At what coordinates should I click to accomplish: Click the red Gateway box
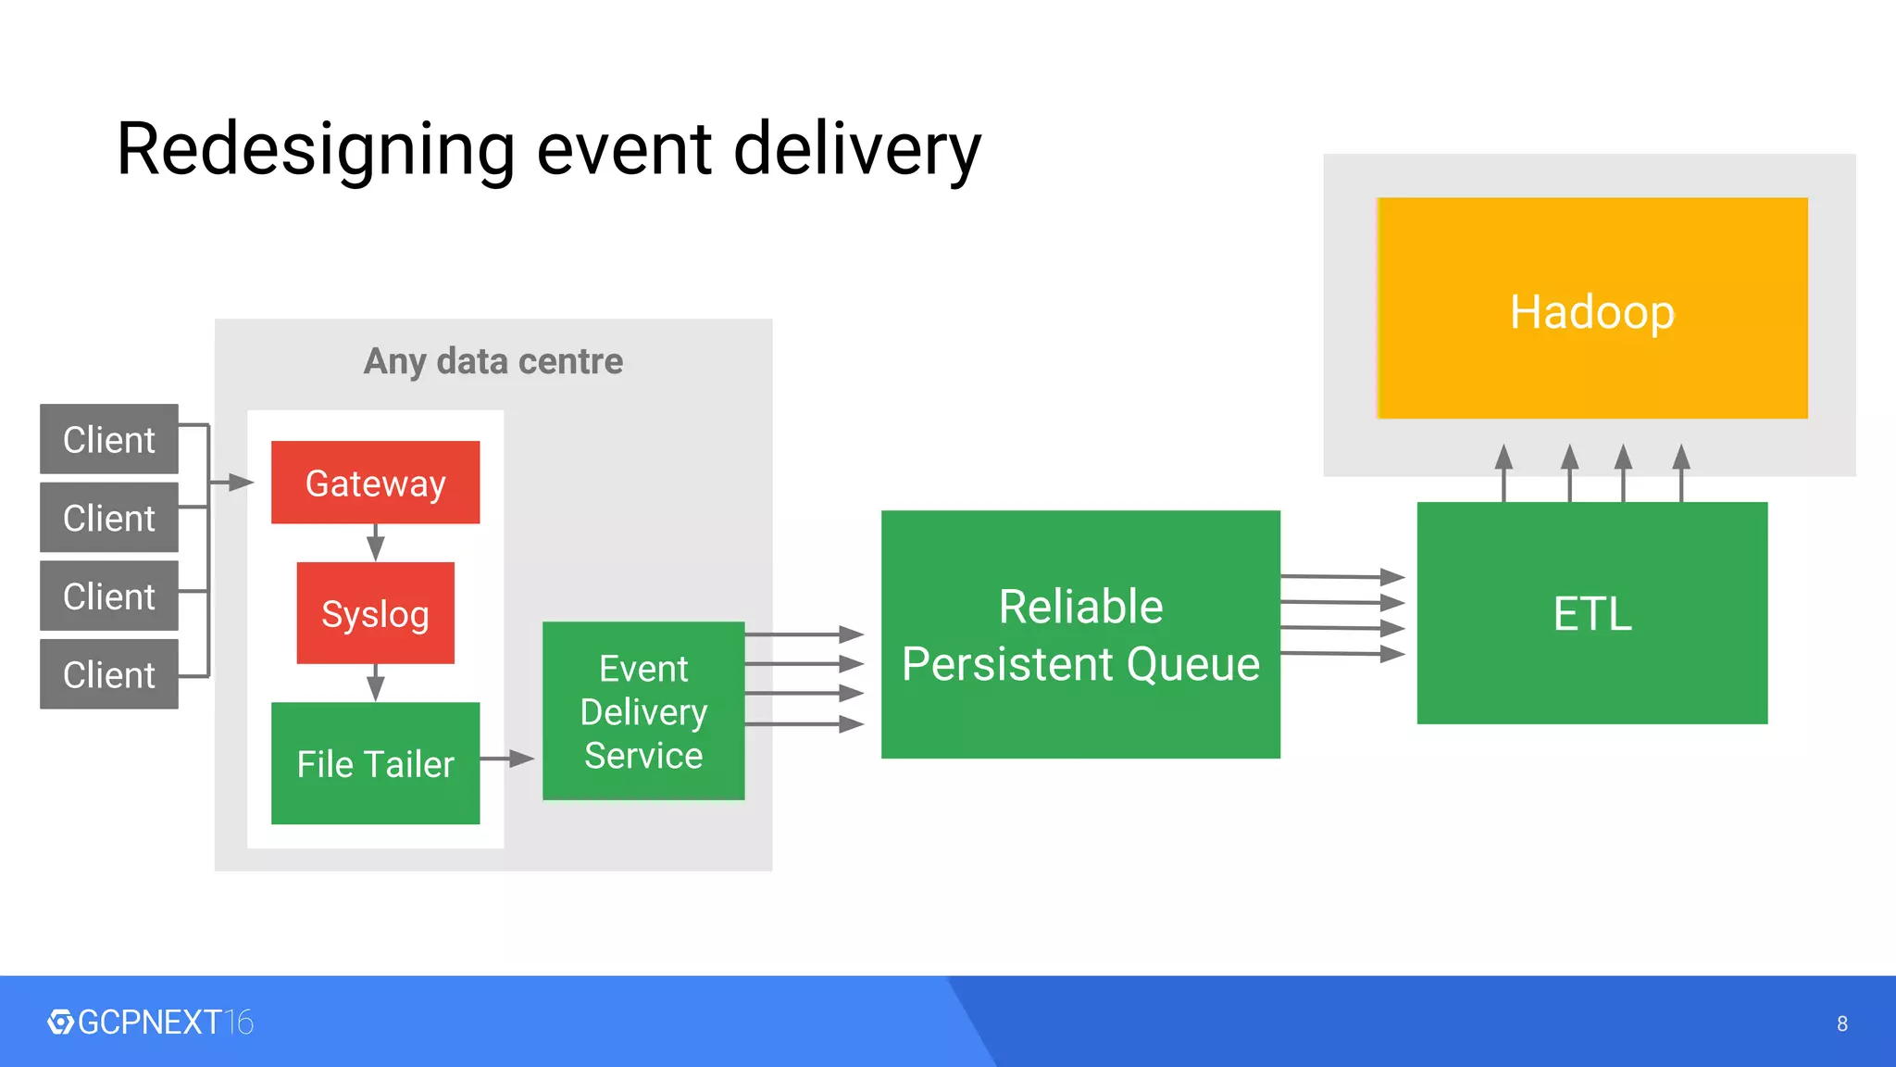coord(375,483)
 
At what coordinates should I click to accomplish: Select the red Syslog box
coord(375,613)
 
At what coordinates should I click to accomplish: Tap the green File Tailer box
coord(375,763)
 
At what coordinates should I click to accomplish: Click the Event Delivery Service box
coord(643,711)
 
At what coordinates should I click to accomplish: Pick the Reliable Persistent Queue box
coord(1080,634)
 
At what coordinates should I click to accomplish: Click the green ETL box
coord(1592,613)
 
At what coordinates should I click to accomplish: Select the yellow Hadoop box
coord(1592,308)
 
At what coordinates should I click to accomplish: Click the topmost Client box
coord(109,439)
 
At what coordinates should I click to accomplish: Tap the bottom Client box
coord(109,674)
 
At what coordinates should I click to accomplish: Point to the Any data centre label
coord(493,361)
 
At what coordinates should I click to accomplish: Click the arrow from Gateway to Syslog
coord(375,543)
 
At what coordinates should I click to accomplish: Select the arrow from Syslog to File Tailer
coord(375,684)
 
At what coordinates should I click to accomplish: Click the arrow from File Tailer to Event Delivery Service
coord(508,759)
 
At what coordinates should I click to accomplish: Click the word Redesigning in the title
coord(316,149)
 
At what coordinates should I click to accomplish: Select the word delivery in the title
coord(856,149)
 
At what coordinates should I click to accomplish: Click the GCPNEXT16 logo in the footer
coord(151,1023)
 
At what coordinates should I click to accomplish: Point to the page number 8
coord(1841,1023)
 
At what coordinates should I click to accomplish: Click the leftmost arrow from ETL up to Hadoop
coord(1504,472)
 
